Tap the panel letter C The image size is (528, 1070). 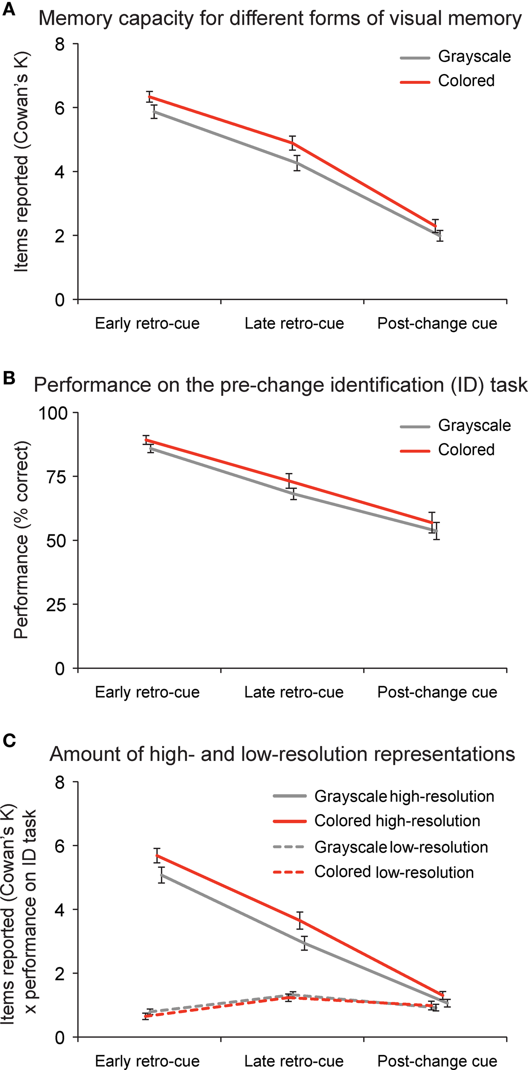pos(9,740)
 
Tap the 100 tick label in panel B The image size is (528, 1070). pos(53,413)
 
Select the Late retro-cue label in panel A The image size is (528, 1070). pos(294,324)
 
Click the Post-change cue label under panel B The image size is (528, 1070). pos(437,693)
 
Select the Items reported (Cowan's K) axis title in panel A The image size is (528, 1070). pos(21,162)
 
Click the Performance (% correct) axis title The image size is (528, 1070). pos(21,540)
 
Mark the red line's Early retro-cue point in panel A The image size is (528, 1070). pos(149,97)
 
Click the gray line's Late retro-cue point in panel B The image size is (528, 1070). pos(294,493)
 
